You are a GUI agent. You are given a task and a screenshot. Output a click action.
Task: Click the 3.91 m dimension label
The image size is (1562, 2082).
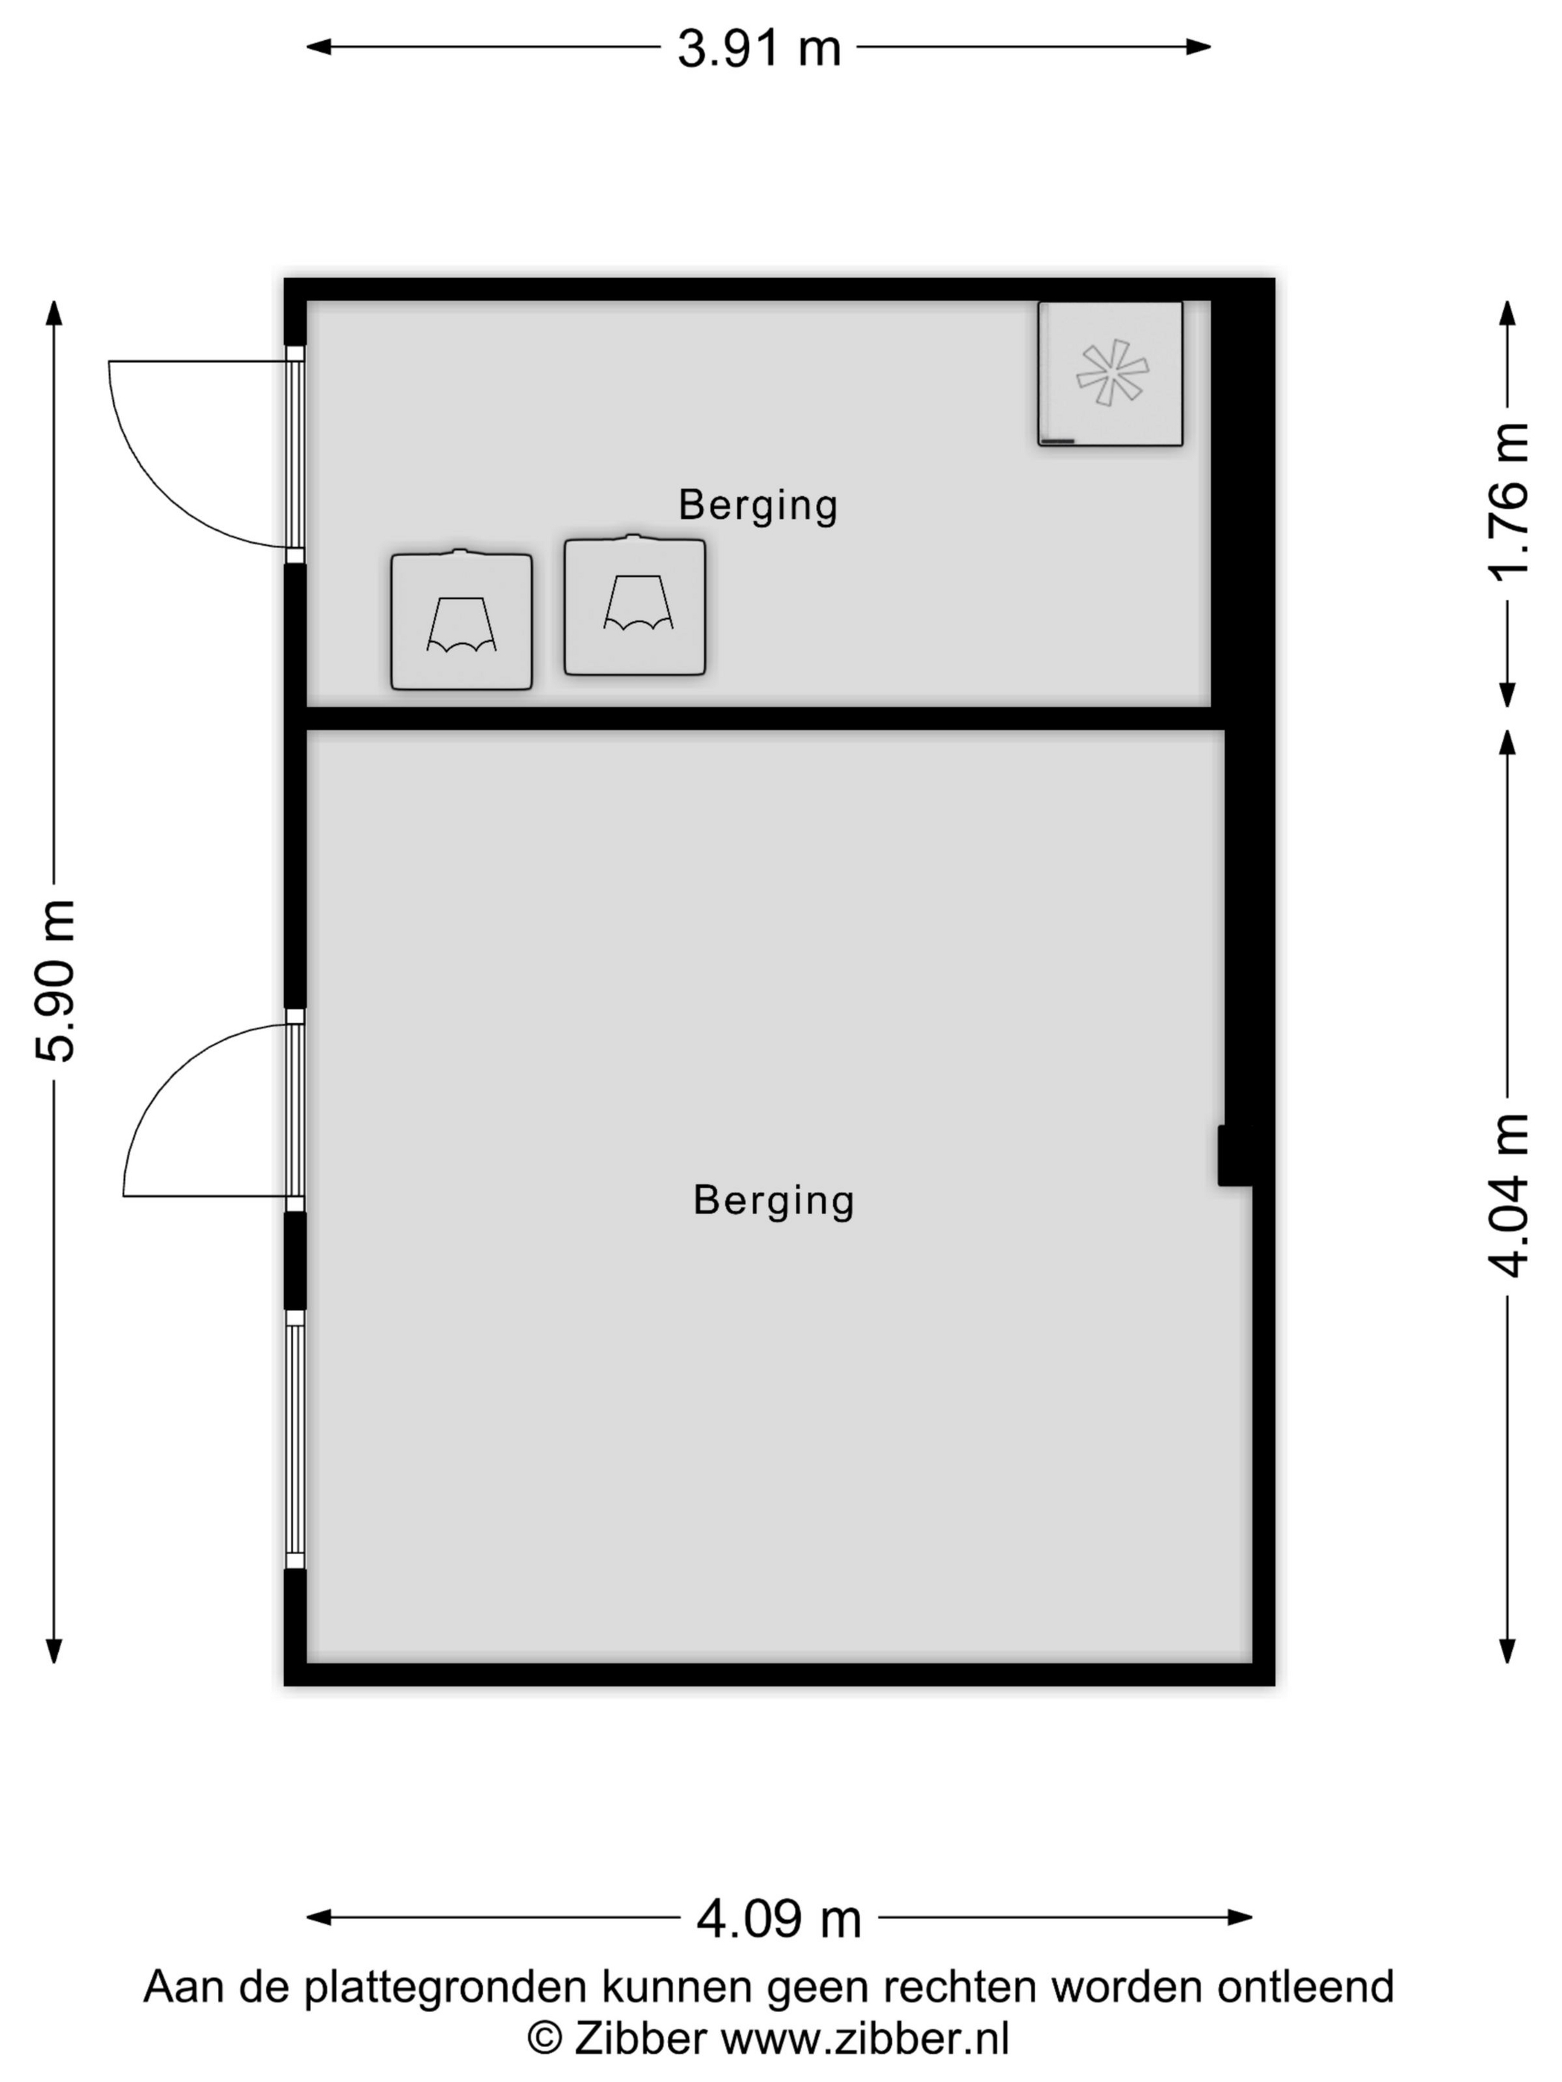[759, 48]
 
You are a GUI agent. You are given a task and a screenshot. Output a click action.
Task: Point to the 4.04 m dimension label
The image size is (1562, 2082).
[1508, 1196]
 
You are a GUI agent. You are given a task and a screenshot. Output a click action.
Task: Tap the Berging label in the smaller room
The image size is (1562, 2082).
[758, 506]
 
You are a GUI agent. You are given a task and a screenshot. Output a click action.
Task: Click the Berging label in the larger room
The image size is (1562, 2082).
[774, 1201]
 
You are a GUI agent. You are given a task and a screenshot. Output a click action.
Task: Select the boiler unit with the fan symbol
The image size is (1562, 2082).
[1110, 374]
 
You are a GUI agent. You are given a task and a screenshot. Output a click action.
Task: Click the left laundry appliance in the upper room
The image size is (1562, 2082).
[461, 620]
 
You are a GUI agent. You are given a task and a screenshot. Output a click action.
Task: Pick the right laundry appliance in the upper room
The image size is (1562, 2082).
[634, 605]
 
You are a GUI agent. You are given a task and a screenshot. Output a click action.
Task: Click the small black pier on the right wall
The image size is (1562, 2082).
[1234, 1155]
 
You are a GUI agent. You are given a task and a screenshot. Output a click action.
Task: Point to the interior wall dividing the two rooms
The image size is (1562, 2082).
[765, 718]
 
